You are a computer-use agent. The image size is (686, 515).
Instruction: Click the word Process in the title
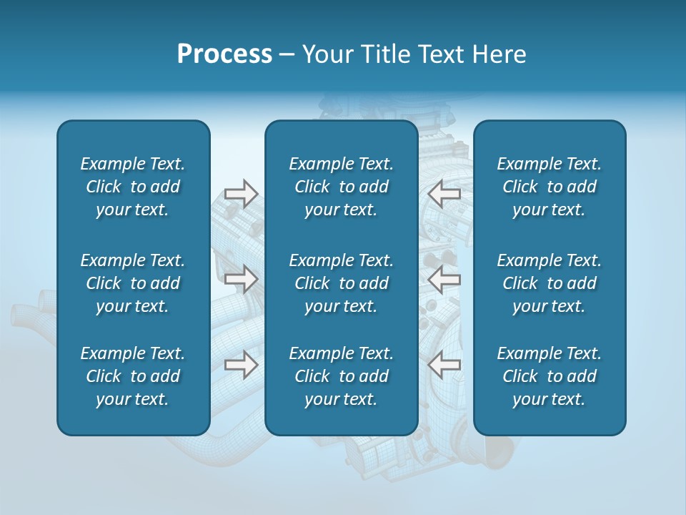click(x=224, y=54)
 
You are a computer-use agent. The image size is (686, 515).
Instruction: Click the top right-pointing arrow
click(x=241, y=193)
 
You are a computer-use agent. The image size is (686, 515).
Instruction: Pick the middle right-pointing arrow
click(x=241, y=279)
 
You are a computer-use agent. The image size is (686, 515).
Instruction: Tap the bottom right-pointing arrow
click(x=241, y=365)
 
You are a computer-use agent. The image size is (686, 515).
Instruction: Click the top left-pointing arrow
click(x=444, y=193)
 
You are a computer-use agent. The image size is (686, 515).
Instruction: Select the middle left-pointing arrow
click(x=444, y=279)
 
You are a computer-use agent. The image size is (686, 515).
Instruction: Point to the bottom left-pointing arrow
click(x=444, y=365)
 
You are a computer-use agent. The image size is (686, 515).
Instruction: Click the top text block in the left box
click(x=133, y=187)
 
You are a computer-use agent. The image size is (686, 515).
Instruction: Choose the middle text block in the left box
click(x=133, y=283)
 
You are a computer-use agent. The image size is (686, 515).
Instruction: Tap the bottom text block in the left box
click(x=133, y=376)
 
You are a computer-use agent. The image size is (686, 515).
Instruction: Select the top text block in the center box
click(x=341, y=187)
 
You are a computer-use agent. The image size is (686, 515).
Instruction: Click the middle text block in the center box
click(x=341, y=283)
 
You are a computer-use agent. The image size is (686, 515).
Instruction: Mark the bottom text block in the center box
click(x=341, y=376)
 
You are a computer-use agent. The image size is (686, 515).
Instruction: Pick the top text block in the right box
click(x=549, y=187)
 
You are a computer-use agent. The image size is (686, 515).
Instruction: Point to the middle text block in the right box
click(x=549, y=283)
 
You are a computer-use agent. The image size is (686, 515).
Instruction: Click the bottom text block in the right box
click(x=549, y=376)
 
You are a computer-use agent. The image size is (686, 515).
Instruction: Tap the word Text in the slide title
click(x=442, y=54)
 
